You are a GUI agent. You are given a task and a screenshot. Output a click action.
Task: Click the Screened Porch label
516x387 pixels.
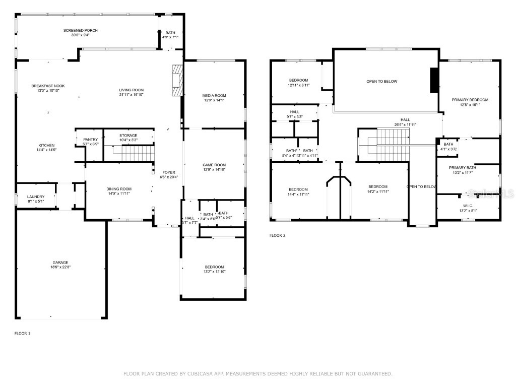(x=81, y=31)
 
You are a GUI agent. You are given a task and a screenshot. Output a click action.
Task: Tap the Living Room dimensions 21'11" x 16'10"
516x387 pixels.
(x=131, y=95)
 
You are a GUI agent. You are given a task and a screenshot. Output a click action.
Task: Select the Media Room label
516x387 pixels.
(x=214, y=95)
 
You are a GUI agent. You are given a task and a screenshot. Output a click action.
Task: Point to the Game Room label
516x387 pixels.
(x=214, y=165)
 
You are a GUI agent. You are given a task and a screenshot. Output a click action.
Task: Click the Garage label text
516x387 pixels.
(x=60, y=263)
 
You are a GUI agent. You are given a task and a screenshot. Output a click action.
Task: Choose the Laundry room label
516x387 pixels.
(x=36, y=197)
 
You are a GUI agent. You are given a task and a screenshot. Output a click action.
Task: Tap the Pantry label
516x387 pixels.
(x=91, y=140)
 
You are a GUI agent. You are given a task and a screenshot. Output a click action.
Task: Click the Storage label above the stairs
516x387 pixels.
(x=128, y=136)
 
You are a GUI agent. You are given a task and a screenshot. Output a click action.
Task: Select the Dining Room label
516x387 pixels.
(x=119, y=189)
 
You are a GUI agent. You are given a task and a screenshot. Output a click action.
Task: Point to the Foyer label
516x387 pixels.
(x=169, y=172)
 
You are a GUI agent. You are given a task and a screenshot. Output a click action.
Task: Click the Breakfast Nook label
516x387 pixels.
(x=48, y=86)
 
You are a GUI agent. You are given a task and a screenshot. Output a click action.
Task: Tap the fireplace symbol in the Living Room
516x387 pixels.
(x=176, y=81)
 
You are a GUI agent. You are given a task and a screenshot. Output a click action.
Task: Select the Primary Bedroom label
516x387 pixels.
(x=470, y=100)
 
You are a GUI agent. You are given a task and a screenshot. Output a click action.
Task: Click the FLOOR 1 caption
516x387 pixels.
(x=22, y=333)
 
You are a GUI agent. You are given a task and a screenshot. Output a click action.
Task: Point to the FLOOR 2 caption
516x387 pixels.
(x=277, y=235)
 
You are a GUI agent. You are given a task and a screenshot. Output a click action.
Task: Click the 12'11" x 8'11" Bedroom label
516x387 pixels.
(x=299, y=81)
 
